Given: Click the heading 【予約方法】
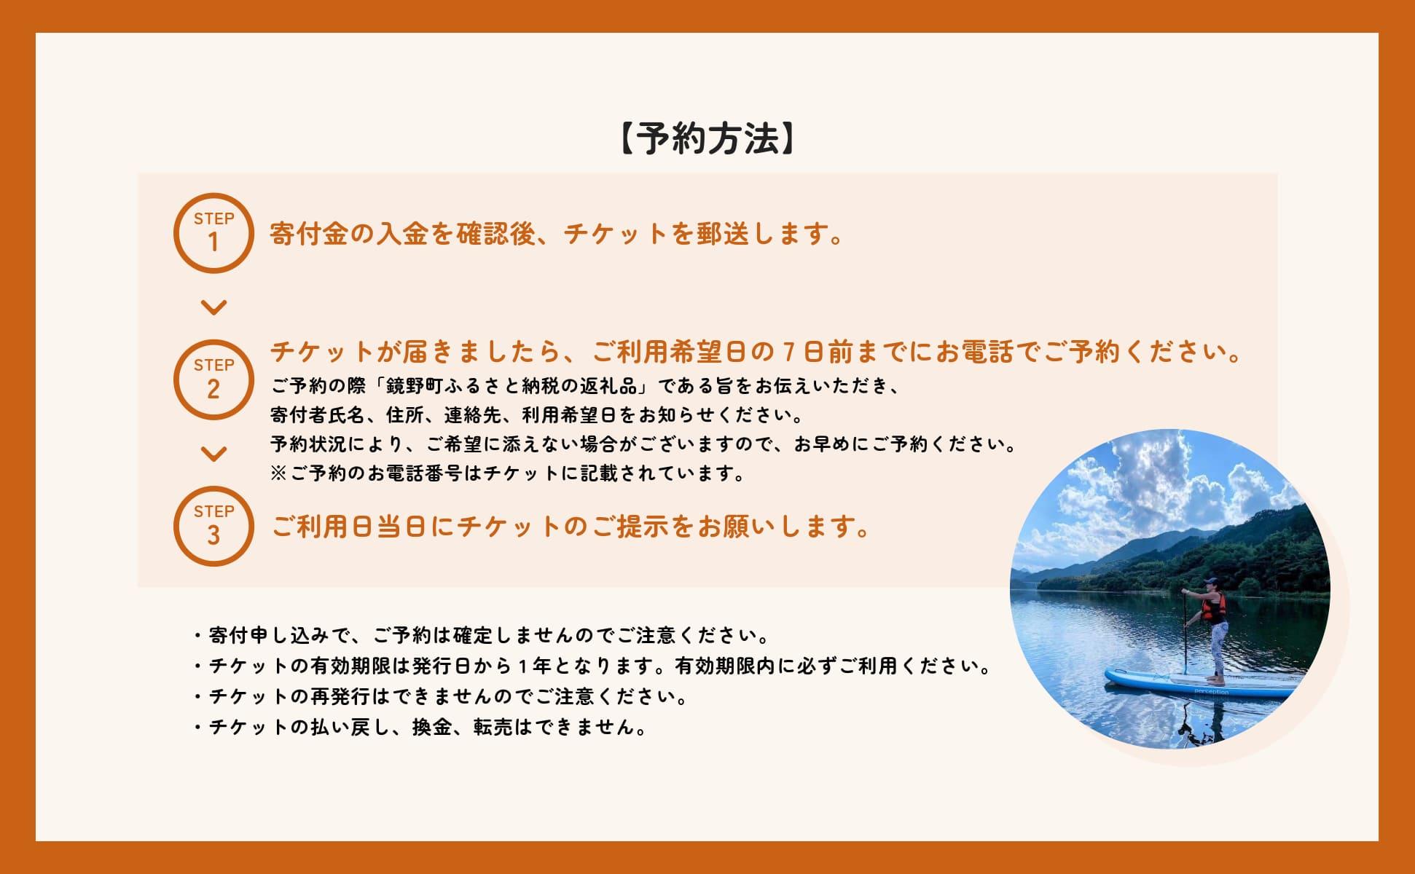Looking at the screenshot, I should (x=707, y=138).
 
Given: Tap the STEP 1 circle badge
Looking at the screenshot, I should (x=213, y=233).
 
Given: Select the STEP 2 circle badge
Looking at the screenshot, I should (x=213, y=379).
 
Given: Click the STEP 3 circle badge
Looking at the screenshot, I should (x=213, y=526).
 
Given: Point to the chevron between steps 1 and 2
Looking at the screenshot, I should (x=213, y=307).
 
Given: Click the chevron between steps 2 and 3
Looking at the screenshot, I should (x=213, y=454).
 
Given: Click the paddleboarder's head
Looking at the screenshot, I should (x=1211, y=583).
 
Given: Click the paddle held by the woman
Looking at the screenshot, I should (x=1186, y=634).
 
